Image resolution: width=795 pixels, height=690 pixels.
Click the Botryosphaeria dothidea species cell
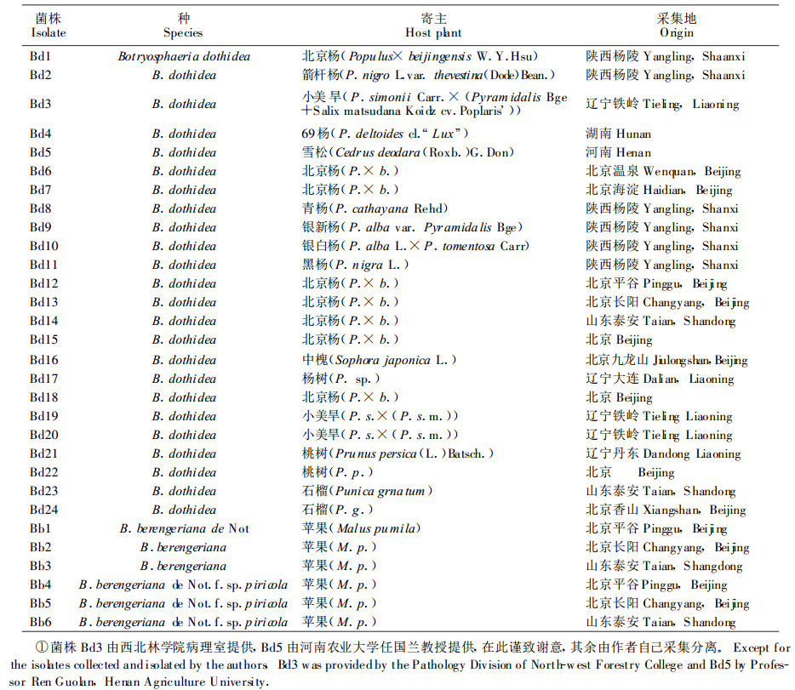[x=183, y=56]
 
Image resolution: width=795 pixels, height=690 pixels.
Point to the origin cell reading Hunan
[x=618, y=134]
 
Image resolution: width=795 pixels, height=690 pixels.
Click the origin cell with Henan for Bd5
[x=618, y=152]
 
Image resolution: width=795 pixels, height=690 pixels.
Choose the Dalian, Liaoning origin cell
[x=660, y=379]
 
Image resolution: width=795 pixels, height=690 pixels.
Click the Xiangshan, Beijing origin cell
[x=666, y=510]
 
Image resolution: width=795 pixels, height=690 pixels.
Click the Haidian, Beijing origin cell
[x=659, y=190]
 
